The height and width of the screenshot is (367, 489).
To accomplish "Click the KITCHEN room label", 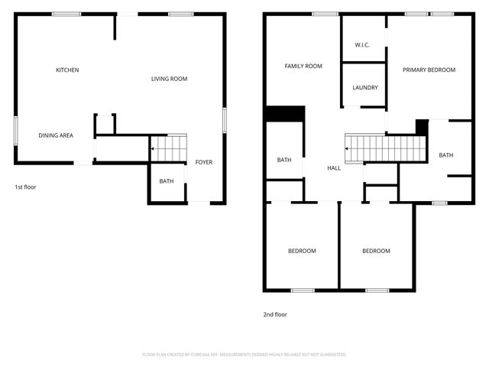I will pyautogui.click(x=67, y=70).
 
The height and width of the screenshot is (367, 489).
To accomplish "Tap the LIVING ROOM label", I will pyautogui.click(x=169, y=79).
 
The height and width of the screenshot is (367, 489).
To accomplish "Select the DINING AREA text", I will pyautogui.click(x=56, y=135).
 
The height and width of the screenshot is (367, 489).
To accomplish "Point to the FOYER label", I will pyautogui.click(x=204, y=162).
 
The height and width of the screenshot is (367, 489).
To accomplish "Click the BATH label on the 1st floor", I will pyautogui.click(x=166, y=181).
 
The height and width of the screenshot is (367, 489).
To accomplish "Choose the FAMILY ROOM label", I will pyautogui.click(x=303, y=67).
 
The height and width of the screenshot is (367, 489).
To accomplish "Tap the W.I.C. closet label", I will pyautogui.click(x=363, y=45).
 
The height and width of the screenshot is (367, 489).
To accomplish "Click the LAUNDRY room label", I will pyautogui.click(x=365, y=87).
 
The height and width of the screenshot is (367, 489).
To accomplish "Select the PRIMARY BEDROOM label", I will pyautogui.click(x=429, y=70).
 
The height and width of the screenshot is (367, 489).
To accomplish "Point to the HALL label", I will pyautogui.click(x=334, y=168).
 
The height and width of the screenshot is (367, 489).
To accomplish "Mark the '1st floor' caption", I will pyautogui.click(x=25, y=187).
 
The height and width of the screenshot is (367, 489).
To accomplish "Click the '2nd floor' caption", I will pyautogui.click(x=275, y=314).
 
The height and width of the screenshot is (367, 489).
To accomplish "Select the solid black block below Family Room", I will pyautogui.click(x=285, y=113).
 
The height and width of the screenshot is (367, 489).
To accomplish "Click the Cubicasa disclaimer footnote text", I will pyautogui.click(x=244, y=355).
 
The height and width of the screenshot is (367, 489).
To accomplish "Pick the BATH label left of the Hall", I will pyautogui.click(x=284, y=160).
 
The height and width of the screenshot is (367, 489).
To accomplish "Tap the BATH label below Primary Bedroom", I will pyautogui.click(x=445, y=155).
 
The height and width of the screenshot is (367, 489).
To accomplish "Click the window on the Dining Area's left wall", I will pyautogui.click(x=15, y=129).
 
